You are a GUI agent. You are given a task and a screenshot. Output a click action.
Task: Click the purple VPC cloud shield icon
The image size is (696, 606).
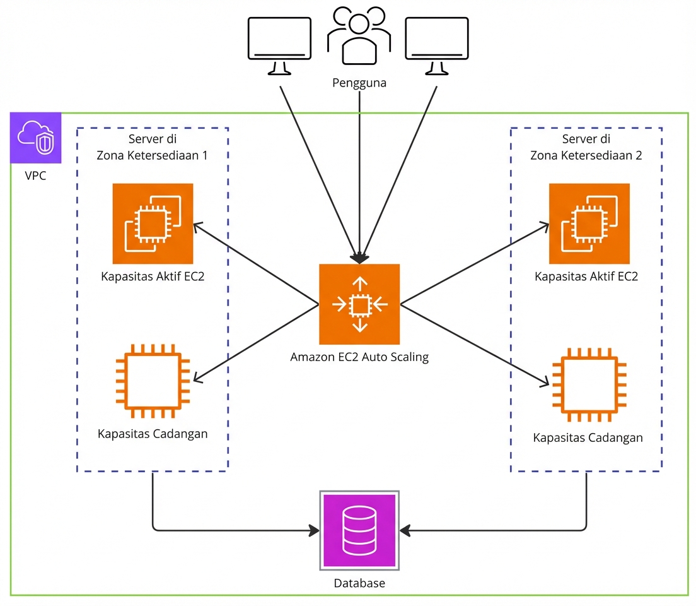(x=36, y=138)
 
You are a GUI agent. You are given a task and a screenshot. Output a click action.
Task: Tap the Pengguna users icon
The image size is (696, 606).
(x=359, y=39)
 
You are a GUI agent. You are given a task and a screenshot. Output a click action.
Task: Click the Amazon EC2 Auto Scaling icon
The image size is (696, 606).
(x=359, y=304)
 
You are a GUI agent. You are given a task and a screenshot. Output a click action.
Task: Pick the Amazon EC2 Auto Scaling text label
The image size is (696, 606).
(x=359, y=357)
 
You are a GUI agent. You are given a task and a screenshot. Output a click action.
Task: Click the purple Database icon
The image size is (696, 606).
(x=359, y=530)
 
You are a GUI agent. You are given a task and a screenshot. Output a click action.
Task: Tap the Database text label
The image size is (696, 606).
(x=359, y=583)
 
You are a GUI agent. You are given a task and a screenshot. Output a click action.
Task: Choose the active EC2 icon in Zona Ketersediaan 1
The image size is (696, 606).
(x=153, y=223)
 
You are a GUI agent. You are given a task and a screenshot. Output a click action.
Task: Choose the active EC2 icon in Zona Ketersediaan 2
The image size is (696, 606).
(x=589, y=223)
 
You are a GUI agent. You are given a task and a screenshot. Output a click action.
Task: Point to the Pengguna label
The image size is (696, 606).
(x=359, y=83)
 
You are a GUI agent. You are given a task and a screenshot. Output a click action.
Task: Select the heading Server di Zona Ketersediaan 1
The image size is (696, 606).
(x=152, y=148)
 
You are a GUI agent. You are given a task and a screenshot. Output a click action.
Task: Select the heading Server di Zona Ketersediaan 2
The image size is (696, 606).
(x=586, y=148)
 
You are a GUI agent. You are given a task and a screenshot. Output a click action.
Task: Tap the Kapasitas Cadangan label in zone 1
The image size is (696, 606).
(x=153, y=434)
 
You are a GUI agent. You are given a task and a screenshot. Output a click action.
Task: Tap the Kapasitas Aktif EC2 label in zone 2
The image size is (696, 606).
(x=586, y=276)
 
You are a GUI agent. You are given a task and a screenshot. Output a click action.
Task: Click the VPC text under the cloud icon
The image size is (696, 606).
(x=35, y=175)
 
